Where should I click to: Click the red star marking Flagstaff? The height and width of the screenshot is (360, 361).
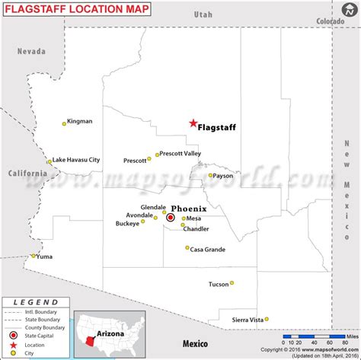click(193, 123)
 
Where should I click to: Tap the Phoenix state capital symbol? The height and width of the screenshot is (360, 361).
click(171, 218)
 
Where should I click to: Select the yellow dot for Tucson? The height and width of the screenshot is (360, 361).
click(232, 283)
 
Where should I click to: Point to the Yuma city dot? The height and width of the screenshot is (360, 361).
click(32, 256)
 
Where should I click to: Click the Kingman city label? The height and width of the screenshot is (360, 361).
click(80, 121)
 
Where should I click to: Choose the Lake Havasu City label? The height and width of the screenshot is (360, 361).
click(76, 160)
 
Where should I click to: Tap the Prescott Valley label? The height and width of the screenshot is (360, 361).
click(181, 154)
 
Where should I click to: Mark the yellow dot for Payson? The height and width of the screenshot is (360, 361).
click(211, 175)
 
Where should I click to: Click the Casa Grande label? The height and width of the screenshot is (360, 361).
click(207, 250)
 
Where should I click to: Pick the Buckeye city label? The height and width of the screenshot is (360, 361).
click(127, 224)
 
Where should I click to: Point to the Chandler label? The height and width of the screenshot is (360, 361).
click(196, 229)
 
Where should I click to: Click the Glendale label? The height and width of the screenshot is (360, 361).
click(153, 207)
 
